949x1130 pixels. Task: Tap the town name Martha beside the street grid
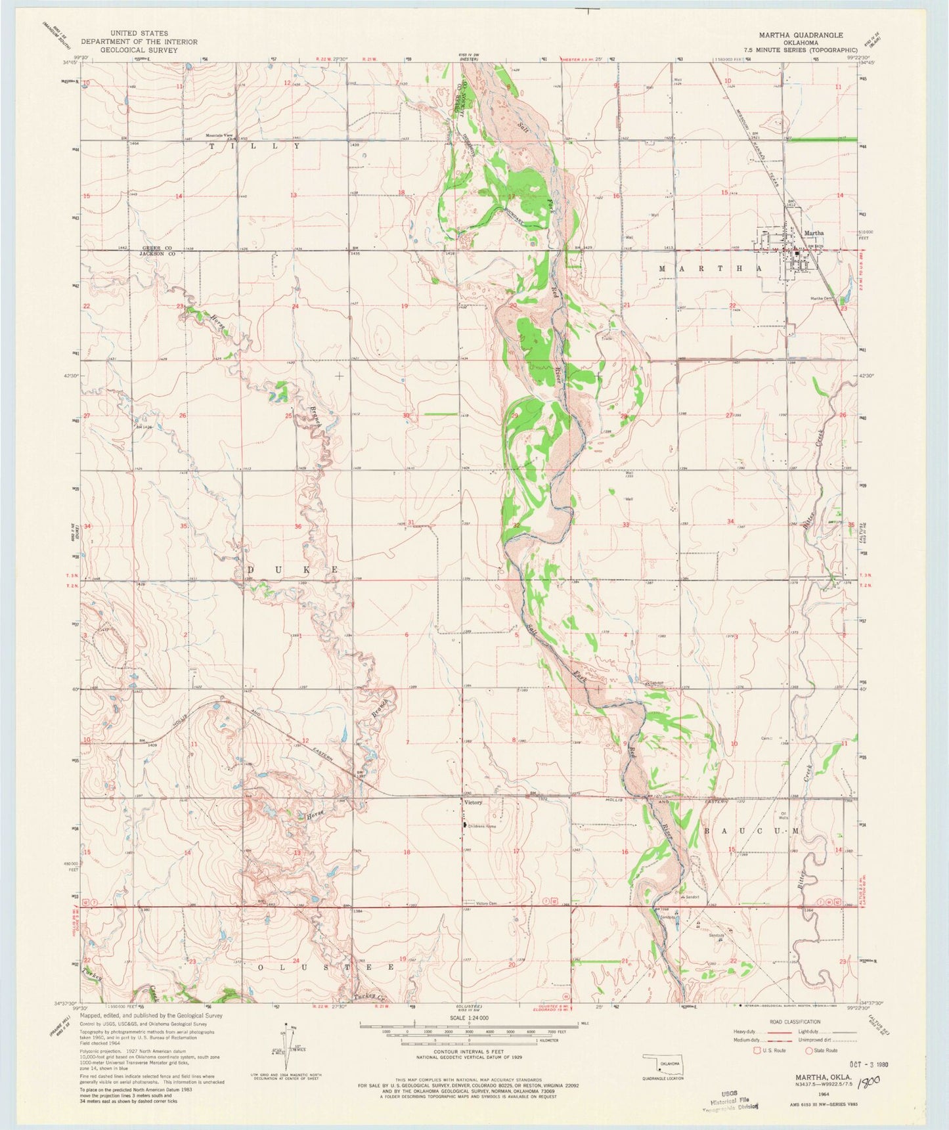point(813,233)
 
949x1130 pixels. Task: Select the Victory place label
point(473,802)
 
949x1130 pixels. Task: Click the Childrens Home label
point(482,826)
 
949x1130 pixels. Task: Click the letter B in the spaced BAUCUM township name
point(707,831)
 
